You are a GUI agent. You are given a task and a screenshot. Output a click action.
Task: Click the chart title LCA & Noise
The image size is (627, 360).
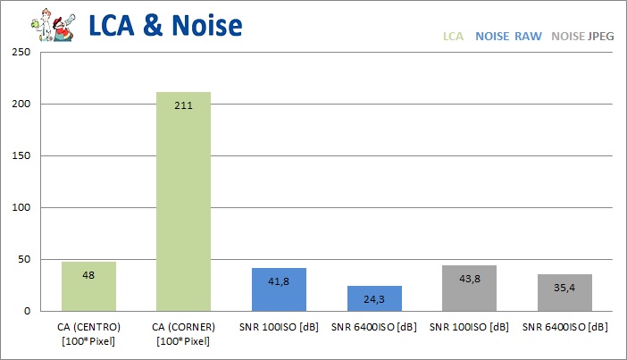pos(164,24)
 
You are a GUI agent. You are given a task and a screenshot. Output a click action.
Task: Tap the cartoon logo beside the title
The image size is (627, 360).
pos(46,24)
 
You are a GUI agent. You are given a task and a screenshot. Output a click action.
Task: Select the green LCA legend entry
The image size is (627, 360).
pos(454,38)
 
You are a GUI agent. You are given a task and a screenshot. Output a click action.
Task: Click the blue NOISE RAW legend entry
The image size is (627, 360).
pos(508,38)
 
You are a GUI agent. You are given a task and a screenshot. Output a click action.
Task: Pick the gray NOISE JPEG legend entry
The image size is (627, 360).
pos(583,38)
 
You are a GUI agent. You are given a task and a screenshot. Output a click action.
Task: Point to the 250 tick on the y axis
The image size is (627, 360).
pos(19,53)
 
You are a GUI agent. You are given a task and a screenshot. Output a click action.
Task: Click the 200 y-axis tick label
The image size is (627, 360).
pos(19,105)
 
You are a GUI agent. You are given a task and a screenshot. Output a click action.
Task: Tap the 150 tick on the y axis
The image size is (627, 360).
pos(19,156)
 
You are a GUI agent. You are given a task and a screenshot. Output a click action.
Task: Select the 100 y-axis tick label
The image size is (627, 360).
pos(19,208)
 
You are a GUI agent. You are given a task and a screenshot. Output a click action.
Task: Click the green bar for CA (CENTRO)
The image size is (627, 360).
pos(88,287)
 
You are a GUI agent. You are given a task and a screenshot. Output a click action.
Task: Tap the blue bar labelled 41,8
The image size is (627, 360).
pos(279,289)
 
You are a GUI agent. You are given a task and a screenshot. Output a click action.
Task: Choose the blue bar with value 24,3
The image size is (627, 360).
pos(374,298)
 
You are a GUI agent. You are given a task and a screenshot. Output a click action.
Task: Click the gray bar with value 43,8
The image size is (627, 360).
pos(469,289)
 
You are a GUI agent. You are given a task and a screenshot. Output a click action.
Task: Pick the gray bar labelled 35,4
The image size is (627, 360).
pos(564,293)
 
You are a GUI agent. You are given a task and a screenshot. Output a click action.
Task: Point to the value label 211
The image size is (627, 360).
pos(183,105)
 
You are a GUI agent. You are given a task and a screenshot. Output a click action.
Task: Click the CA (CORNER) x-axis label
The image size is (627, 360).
pos(183,335)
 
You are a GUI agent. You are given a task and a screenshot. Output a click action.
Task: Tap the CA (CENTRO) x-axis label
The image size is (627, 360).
pos(88,335)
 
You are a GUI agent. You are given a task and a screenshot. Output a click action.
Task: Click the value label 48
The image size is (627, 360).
pos(88,274)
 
